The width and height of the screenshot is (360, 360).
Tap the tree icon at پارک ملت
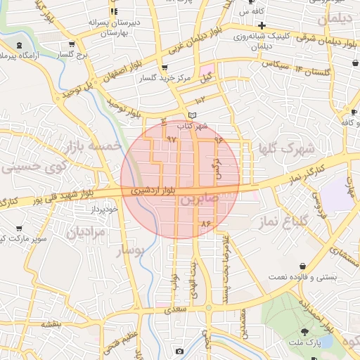(306, 331)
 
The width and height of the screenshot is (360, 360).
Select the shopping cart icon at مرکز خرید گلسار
(165, 67)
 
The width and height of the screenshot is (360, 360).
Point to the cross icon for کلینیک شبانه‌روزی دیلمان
(262, 26)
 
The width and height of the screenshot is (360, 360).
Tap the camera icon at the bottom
(180, 351)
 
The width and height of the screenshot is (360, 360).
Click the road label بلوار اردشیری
(149, 191)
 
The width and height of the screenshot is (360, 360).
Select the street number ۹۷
(171, 139)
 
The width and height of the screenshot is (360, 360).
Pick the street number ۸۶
(206, 224)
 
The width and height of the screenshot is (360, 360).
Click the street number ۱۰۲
(189, 103)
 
